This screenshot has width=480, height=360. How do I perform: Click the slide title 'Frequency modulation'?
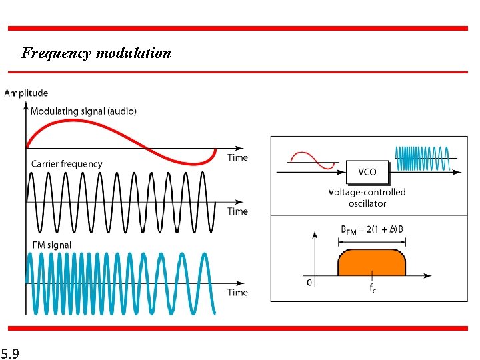coord(96,53)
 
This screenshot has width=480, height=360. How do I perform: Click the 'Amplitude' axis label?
coord(26,93)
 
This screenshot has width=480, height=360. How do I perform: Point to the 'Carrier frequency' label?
coord(67,164)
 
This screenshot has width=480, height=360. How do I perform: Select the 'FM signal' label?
coord(51,245)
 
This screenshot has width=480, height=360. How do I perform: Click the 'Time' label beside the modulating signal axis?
coord(237,157)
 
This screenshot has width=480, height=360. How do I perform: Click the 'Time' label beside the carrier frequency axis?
coord(237,211)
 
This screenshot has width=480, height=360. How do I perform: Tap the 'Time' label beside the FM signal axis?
coord(237,292)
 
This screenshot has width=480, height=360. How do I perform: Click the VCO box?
coord(367,172)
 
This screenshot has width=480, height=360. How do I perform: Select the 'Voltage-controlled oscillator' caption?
coord(367,197)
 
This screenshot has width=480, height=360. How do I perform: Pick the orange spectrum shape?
coord(372,263)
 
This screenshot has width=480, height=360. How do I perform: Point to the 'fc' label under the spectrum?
coord(372,289)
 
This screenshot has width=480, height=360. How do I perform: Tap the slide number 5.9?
coord(10,352)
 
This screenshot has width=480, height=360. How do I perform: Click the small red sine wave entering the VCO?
coord(310,160)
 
